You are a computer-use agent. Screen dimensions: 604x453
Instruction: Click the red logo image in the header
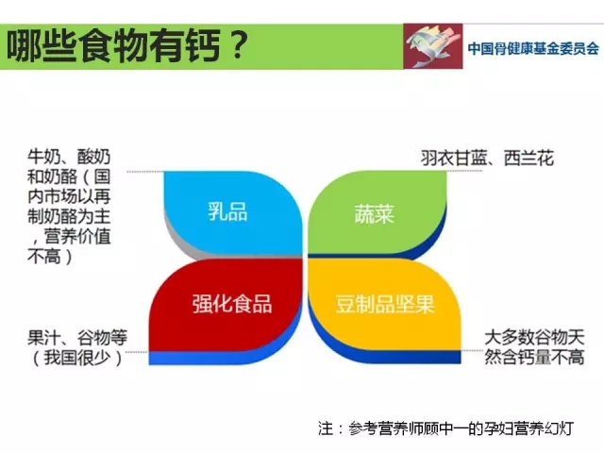433,46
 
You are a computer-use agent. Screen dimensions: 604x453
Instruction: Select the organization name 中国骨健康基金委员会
533,48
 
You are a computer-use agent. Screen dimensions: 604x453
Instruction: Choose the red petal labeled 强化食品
227,304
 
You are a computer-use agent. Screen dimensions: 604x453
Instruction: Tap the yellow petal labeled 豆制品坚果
385,304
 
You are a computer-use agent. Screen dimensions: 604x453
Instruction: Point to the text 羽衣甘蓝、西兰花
487,158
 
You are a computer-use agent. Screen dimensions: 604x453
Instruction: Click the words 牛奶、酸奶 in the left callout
69,157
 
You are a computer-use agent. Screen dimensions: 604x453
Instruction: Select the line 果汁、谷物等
77,338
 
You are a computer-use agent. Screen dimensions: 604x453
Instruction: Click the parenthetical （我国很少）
77,358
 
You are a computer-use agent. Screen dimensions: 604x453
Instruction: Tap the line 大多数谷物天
534,338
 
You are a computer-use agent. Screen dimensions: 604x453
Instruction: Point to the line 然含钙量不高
534,357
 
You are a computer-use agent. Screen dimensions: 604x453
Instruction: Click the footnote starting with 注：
446,428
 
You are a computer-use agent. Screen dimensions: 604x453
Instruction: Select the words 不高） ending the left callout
50,256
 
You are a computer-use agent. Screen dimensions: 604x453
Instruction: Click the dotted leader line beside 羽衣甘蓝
464,171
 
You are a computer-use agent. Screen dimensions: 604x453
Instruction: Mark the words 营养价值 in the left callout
77,236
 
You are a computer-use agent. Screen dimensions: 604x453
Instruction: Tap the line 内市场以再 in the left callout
69,196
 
